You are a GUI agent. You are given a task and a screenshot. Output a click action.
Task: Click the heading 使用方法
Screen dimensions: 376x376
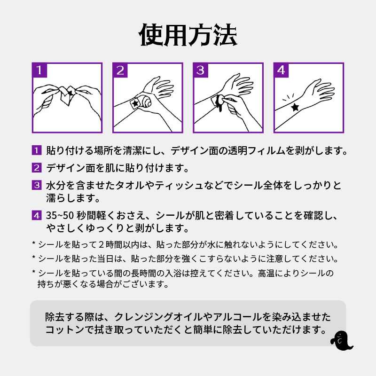coord(188,35)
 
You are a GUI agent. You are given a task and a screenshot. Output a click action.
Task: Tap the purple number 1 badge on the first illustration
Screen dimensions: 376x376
coord(39,70)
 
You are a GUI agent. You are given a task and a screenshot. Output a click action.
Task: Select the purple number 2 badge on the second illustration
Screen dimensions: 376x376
coord(120,70)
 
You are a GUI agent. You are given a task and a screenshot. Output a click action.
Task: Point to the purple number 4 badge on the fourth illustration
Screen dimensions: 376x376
coord(281,70)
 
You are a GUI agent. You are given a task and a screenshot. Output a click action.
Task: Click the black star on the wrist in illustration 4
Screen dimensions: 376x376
coord(295,107)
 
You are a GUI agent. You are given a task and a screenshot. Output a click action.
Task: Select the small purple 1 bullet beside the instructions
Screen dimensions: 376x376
coord(36,151)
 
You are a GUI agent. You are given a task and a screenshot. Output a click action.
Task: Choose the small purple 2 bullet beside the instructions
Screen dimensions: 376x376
coord(36,168)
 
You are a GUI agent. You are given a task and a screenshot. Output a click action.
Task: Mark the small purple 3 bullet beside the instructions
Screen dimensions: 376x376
coord(36,185)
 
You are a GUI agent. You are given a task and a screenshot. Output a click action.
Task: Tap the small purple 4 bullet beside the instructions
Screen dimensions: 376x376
coord(36,216)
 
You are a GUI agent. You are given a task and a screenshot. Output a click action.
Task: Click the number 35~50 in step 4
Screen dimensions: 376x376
coord(60,216)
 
